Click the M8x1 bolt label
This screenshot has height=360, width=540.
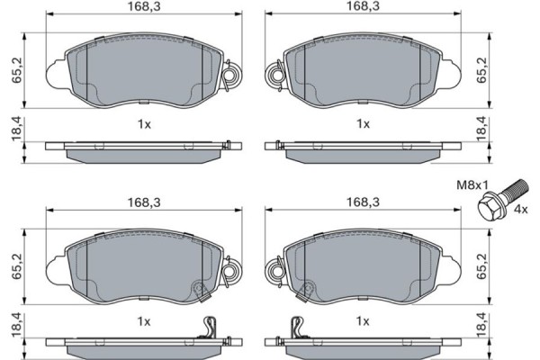pyautogui.click(x=472, y=185)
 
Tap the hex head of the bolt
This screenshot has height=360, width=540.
pyautogui.click(x=489, y=208)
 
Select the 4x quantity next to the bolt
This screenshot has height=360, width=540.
pyautogui.click(x=520, y=209)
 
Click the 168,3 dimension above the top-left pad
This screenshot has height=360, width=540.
pyautogui.click(x=144, y=6)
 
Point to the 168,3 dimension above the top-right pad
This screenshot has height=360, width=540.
pyautogui.click(x=363, y=6)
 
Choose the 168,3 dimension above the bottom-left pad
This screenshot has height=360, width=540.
pyautogui.click(x=144, y=202)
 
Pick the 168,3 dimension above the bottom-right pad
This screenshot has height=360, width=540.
pyautogui.click(x=363, y=202)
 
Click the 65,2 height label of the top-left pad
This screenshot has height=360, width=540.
pyautogui.click(x=16, y=70)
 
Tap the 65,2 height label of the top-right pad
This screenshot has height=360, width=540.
pyautogui.click(x=481, y=70)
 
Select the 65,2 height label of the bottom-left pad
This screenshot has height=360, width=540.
pyautogui.click(x=16, y=266)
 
